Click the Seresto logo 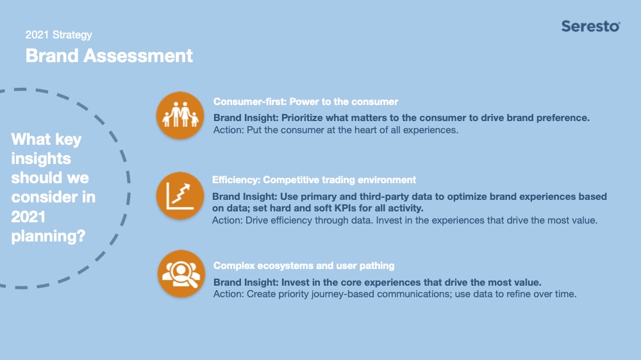click(x=591, y=26)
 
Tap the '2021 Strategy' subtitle click(x=58, y=35)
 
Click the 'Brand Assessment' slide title click(x=109, y=56)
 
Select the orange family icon click(x=180, y=116)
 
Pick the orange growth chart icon click(x=180, y=196)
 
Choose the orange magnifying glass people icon click(x=181, y=274)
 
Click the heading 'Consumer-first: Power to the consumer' click(x=306, y=102)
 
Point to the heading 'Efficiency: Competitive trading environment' click(x=314, y=180)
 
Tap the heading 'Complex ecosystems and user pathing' click(x=304, y=266)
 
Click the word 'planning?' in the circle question click(x=48, y=236)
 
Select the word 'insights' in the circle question click(x=41, y=159)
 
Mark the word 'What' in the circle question click(x=31, y=140)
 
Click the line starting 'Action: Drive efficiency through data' click(x=404, y=220)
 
